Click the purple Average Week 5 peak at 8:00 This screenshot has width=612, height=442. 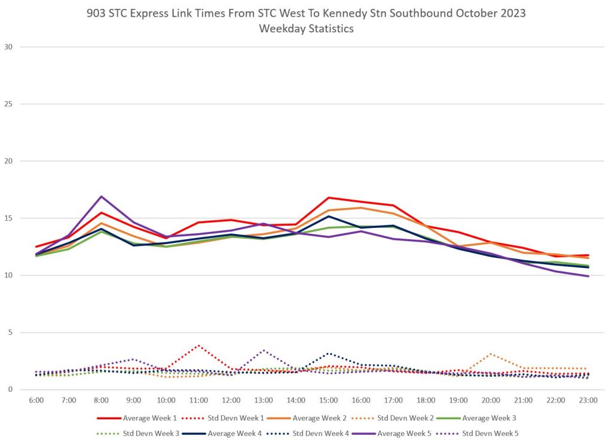pos(102,196)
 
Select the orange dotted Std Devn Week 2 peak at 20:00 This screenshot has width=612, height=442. pos(491,353)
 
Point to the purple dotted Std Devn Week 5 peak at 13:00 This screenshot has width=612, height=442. pos(264,350)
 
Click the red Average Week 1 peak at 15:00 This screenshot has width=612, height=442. pos(328,197)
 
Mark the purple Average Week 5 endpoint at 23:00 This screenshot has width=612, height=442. pos(588,276)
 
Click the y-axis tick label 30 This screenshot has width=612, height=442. pos(8,47)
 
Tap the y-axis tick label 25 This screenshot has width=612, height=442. pos(8,104)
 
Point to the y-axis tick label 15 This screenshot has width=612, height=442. pos(8,218)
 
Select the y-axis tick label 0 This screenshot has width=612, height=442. pos(11,390)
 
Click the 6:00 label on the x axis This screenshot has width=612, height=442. pos(36,400)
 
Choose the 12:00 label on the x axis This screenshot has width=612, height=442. pos(231,400)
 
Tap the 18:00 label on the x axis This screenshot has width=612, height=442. pos(426,400)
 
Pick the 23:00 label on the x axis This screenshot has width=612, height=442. pos(588,400)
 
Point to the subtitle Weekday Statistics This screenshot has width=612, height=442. pos(306,29)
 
